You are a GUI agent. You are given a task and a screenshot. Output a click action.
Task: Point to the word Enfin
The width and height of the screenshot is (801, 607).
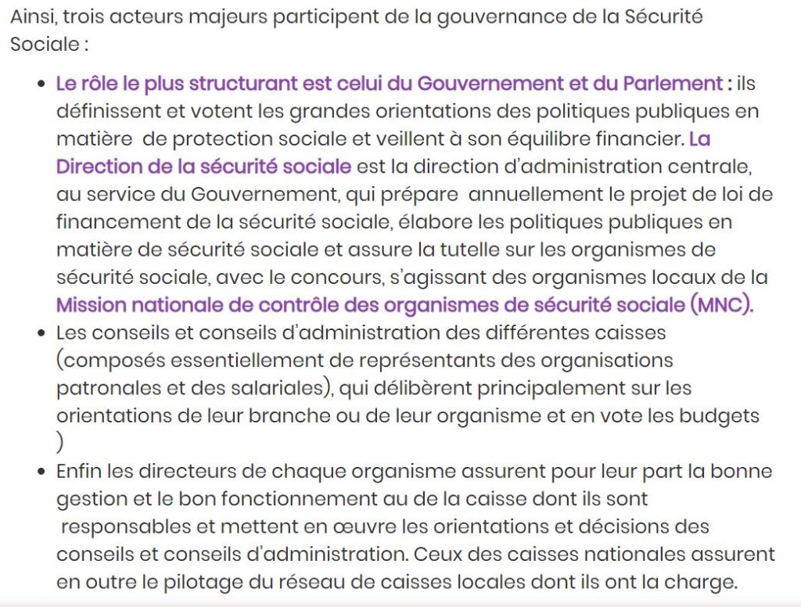coord(80,472)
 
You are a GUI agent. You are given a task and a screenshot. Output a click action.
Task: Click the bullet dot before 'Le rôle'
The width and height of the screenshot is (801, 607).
coord(41,84)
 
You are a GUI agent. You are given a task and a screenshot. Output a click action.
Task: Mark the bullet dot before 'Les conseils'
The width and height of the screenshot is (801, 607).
coord(41,333)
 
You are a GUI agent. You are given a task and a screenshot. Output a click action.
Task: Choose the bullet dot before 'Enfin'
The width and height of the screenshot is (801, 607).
coord(41,472)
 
